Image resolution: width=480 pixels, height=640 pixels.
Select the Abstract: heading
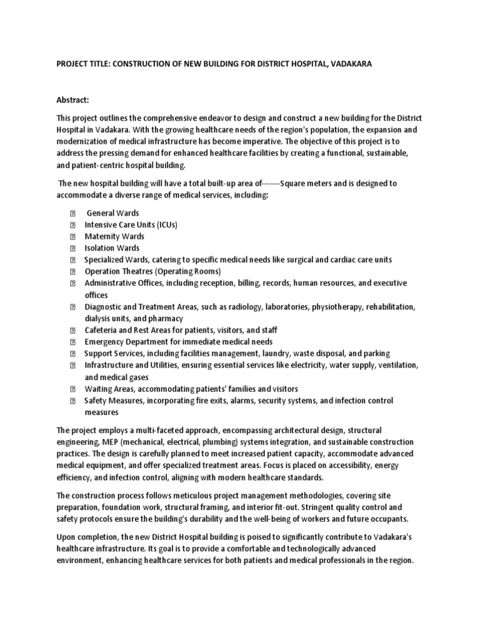click(75, 100)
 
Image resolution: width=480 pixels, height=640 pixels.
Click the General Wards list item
click(112, 213)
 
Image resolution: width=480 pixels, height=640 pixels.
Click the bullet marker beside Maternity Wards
click(72, 237)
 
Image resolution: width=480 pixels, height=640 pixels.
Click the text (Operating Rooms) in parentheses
click(188, 271)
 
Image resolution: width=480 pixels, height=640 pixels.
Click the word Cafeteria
click(102, 330)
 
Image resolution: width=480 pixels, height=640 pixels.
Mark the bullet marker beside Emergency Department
click(72, 342)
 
